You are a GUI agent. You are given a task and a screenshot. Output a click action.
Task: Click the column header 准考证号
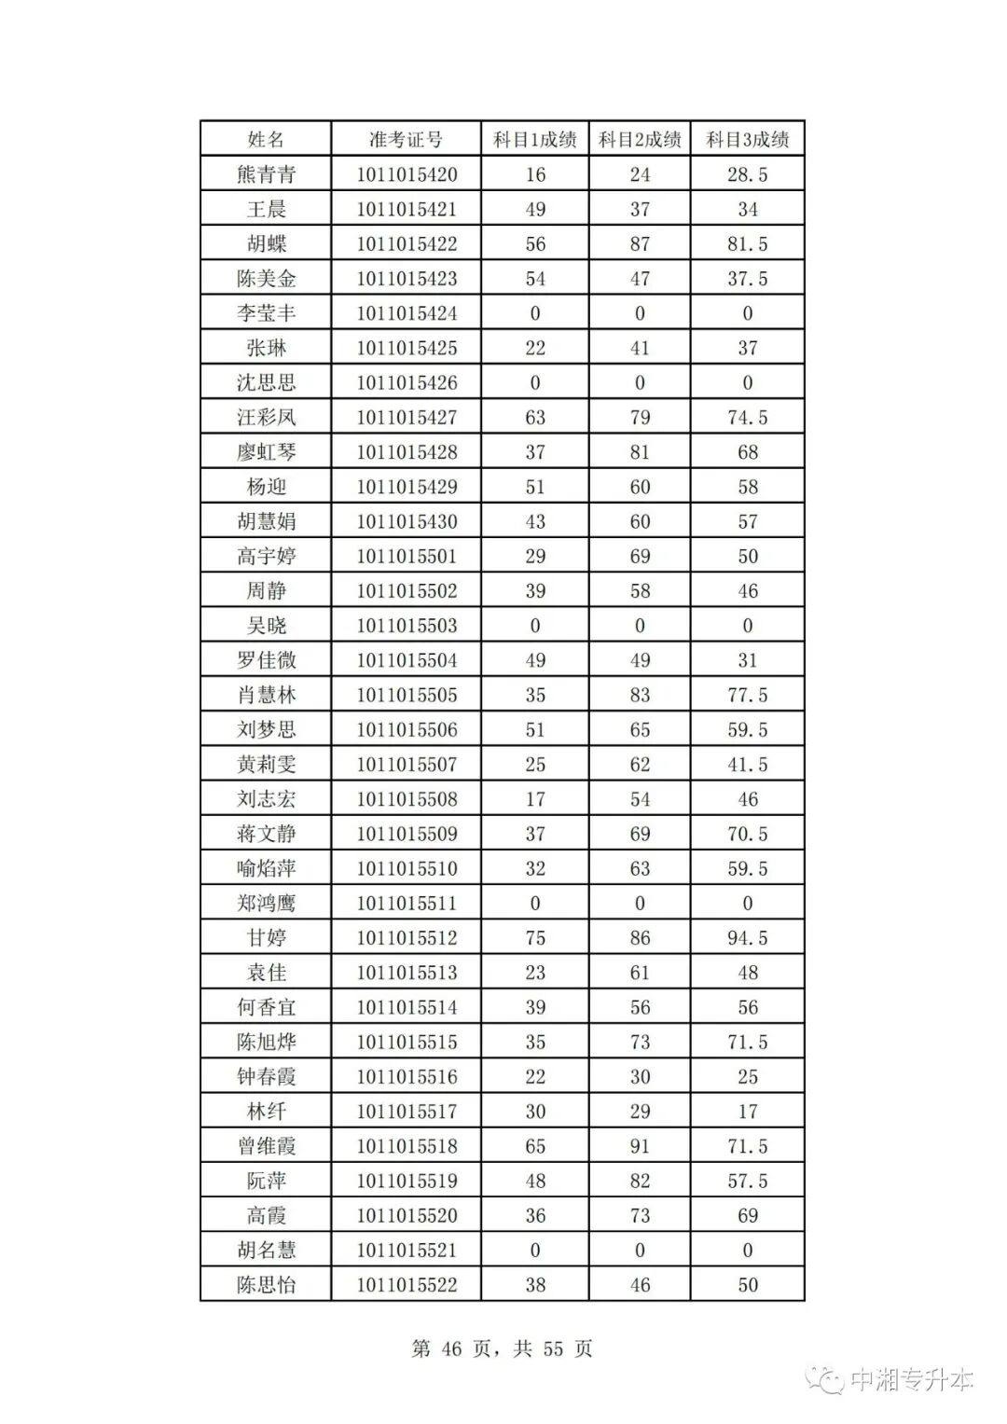[406, 140]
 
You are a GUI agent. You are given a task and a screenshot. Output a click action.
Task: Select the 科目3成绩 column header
[747, 140]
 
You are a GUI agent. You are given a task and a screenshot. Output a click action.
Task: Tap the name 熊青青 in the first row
[266, 174]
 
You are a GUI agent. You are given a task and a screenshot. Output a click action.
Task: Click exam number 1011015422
[407, 244]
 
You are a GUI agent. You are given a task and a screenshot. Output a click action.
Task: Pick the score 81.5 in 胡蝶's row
[747, 244]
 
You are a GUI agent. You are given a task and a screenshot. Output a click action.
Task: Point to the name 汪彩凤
[266, 418]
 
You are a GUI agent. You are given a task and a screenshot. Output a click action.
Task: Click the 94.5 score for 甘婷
[747, 938]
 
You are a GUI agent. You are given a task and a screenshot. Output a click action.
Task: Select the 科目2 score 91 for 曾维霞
[640, 1146]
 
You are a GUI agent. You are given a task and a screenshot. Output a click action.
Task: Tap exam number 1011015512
[407, 938]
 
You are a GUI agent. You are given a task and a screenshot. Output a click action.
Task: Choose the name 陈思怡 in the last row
[266, 1285]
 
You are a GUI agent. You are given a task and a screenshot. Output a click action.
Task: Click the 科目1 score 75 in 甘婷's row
[535, 938]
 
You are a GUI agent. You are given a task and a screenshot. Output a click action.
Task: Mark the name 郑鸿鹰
[266, 904]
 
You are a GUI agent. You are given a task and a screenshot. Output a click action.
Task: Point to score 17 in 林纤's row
[747, 1112]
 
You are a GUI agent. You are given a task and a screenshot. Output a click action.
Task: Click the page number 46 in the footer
[451, 1349]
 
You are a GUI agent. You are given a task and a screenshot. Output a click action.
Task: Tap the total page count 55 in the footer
[553, 1349]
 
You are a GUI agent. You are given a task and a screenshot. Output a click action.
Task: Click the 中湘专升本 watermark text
[911, 1380]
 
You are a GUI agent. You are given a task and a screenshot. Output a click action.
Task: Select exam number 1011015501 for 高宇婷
[407, 557]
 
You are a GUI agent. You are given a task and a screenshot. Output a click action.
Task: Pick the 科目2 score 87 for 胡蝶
[640, 244]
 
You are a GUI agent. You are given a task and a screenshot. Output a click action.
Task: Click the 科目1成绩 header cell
[535, 140]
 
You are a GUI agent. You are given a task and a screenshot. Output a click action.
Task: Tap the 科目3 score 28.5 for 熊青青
[747, 174]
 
